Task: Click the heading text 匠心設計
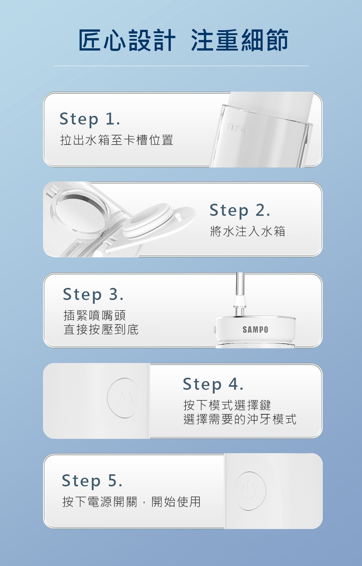127,40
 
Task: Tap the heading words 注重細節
239,40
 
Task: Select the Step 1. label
90,119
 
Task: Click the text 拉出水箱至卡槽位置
117,140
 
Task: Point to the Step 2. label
240,210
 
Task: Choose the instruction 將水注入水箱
248,231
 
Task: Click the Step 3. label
93,295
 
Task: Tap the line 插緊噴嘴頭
95,315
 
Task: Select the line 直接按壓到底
101,329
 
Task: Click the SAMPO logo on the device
255,329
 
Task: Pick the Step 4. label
213,384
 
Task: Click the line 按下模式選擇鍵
227,405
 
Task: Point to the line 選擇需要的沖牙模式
240,419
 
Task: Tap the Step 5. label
92,481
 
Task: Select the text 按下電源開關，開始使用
132,502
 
